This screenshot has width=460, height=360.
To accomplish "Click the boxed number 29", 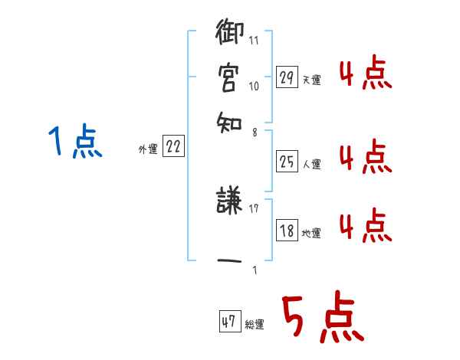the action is point(287,77).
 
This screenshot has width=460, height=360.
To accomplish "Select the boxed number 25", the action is point(287,162).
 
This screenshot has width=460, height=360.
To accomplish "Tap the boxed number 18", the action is point(287,231).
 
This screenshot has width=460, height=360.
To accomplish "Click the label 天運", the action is point(311,80).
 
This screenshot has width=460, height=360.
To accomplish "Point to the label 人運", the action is point(311,164).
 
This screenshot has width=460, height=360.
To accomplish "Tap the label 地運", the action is point(311,233).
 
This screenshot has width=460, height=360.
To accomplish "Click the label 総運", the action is point(255,325).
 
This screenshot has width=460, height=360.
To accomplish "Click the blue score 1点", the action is point(75,143).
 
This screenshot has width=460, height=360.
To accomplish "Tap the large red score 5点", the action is point(321,319).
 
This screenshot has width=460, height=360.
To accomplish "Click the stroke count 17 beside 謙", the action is point(254,208).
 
